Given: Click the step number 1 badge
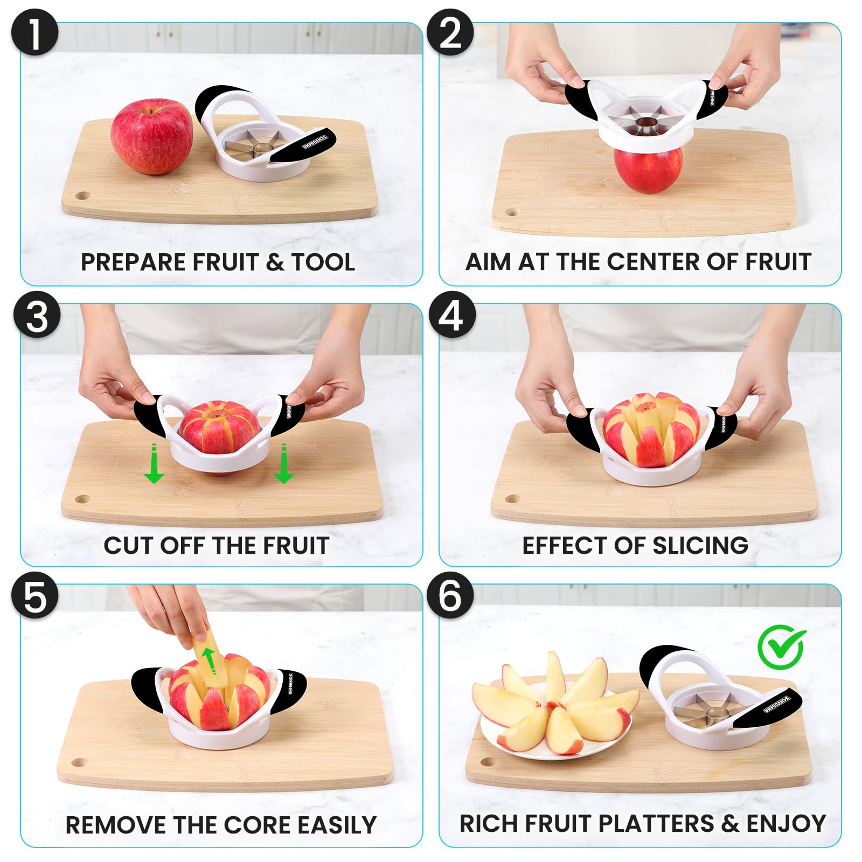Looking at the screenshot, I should tap(34, 32).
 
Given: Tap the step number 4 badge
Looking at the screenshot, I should tap(451, 315).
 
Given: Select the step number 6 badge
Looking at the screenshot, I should tap(450, 595).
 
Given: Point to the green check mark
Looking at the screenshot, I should tap(781, 646).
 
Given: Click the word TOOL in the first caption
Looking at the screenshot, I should tap(323, 262).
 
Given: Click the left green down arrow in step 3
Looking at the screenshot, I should tap(154, 464).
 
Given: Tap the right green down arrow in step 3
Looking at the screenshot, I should tap(283, 464).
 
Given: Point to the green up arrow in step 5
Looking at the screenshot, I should tap(209, 660).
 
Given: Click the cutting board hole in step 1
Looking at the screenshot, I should tap(82, 194).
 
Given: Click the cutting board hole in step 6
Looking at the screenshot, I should tap(488, 761).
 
